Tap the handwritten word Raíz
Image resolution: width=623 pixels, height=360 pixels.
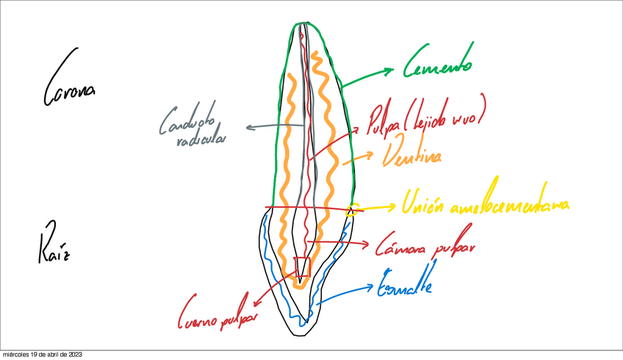tap(53, 243)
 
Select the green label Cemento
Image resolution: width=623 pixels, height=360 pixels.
tap(438, 68)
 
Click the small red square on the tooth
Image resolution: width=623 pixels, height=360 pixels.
tap(302, 267)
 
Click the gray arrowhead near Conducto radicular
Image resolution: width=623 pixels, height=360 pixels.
tap(251, 127)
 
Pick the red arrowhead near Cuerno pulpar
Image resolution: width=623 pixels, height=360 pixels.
tap(257, 302)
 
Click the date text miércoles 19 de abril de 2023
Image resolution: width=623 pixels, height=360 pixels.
tap(41, 355)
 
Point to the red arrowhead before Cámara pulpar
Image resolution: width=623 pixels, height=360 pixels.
tap(367, 245)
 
